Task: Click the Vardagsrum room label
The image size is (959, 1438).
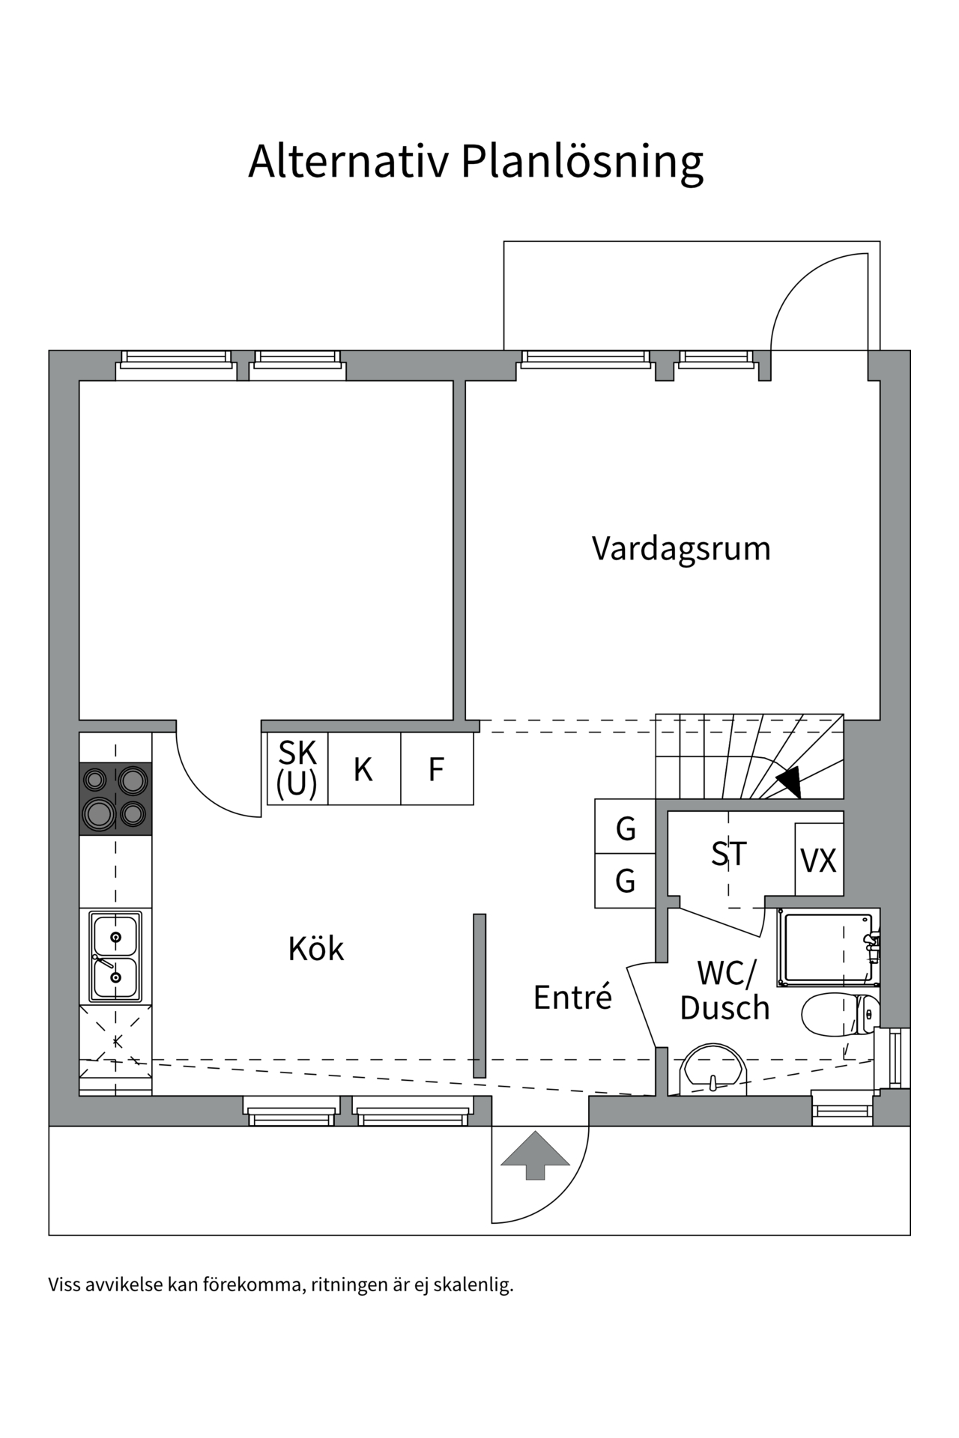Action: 681,548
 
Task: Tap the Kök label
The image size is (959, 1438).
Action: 315,949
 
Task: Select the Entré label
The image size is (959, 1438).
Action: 572,997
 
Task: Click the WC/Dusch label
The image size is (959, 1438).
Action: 724,990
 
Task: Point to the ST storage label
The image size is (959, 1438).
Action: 729,854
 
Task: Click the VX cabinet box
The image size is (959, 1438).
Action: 819,860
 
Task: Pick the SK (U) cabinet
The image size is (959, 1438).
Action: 297,768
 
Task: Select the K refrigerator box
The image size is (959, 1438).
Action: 363,769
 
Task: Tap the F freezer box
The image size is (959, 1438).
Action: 436,769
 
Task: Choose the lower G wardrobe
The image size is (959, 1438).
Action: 626,881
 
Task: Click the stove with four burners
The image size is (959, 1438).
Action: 115,798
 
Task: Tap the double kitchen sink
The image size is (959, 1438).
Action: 115,956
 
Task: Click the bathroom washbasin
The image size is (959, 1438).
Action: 713,1070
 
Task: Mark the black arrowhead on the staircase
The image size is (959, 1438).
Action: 790,782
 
